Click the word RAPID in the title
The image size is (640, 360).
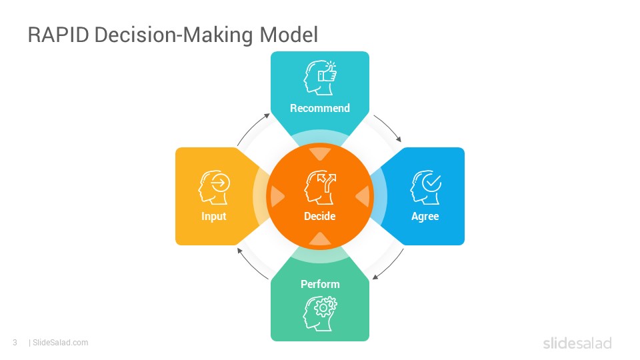tap(59, 34)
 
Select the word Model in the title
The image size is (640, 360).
tap(289, 34)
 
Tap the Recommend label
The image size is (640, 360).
tap(320, 108)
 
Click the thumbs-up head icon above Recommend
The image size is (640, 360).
tap(320, 77)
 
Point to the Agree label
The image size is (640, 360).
tap(425, 216)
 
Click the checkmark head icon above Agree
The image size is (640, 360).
tap(425, 187)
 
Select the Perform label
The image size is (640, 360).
tap(320, 284)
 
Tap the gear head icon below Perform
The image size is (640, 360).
tap(320, 313)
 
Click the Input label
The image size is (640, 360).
tap(213, 216)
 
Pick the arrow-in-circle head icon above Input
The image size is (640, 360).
tap(214, 187)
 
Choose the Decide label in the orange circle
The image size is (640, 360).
tap(320, 216)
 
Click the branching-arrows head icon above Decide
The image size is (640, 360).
tap(320, 187)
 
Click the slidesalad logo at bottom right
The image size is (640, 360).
tap(577, 343)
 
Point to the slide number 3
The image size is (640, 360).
tap(15, 343)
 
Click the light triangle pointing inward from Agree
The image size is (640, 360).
tap(363, 196)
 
